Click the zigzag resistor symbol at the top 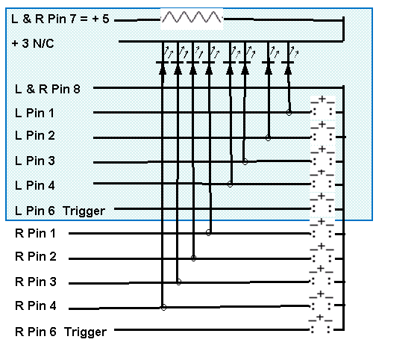tap(192, 17)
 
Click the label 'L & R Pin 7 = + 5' tap(60, 19)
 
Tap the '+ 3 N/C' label tap(33, 43)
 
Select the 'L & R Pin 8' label tap(48, 89)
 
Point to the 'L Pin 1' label tap(34, 113)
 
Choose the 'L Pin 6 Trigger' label tap(60, 211)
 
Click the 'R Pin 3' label tap(36, 282)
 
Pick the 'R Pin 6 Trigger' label tap(61, 332)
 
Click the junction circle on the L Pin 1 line tap(289, 112)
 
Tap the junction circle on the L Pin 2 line tap(268, 138)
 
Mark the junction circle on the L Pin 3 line tap(245, 162)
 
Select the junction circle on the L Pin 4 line tap(230, 184)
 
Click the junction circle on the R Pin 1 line tap(208, 233)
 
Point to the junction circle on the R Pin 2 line tap(193, 258)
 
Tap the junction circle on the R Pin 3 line tap(178, 282)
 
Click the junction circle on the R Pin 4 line tap(163, 308)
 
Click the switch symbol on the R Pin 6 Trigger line tap(320, 325)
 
